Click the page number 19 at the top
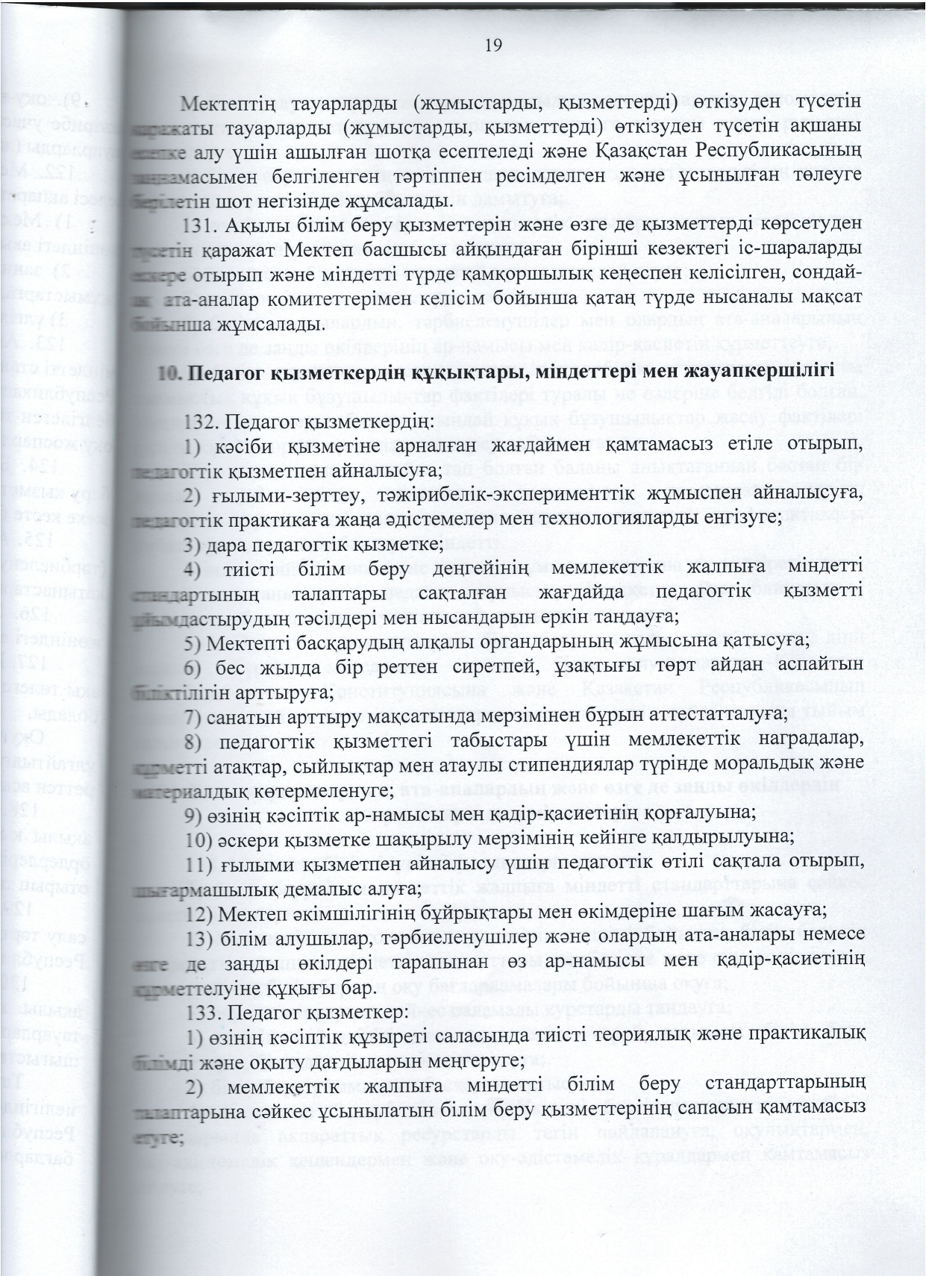coord(493,46)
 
